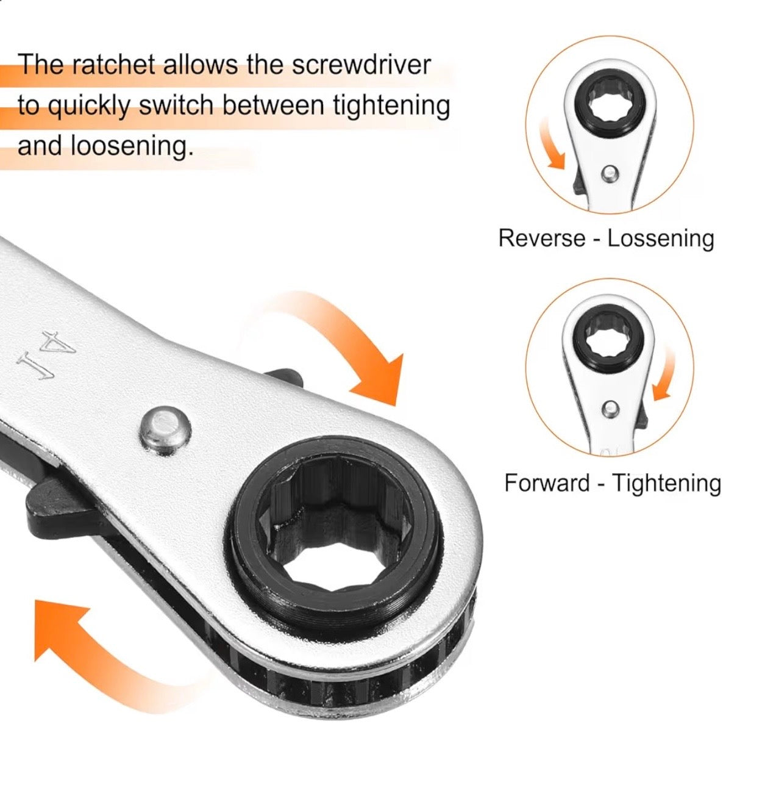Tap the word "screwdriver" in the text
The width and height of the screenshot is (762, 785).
tap(361, 65)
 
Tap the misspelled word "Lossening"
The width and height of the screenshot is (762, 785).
tap(661, 238)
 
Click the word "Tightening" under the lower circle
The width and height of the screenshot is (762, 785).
tap(666, 483)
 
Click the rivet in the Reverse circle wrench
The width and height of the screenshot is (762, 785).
tap(607, 175)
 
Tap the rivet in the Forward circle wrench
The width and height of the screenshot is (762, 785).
tap(609, 409)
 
